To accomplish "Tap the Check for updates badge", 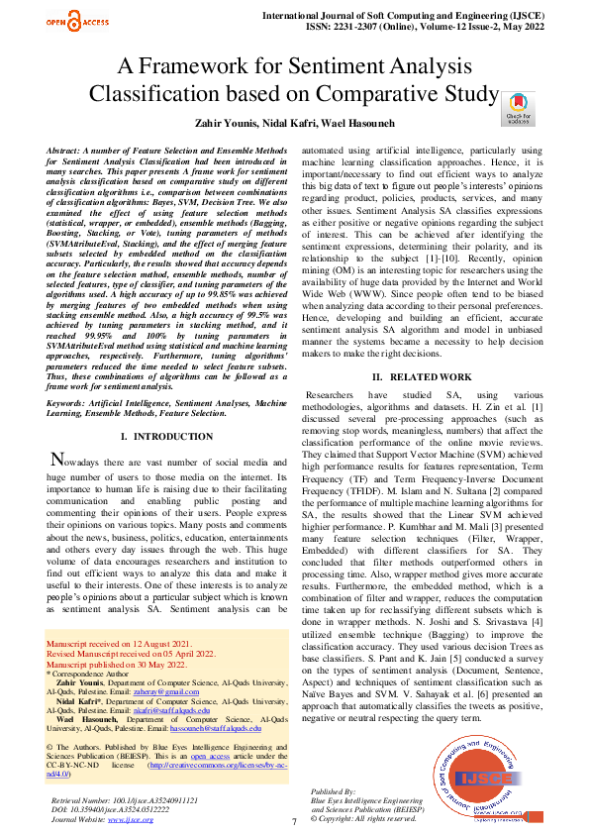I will coord(519,108).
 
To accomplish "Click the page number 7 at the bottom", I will coord(294,822).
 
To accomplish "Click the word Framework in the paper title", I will coord(201,67).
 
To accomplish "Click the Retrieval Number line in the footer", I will coord(123,798).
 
